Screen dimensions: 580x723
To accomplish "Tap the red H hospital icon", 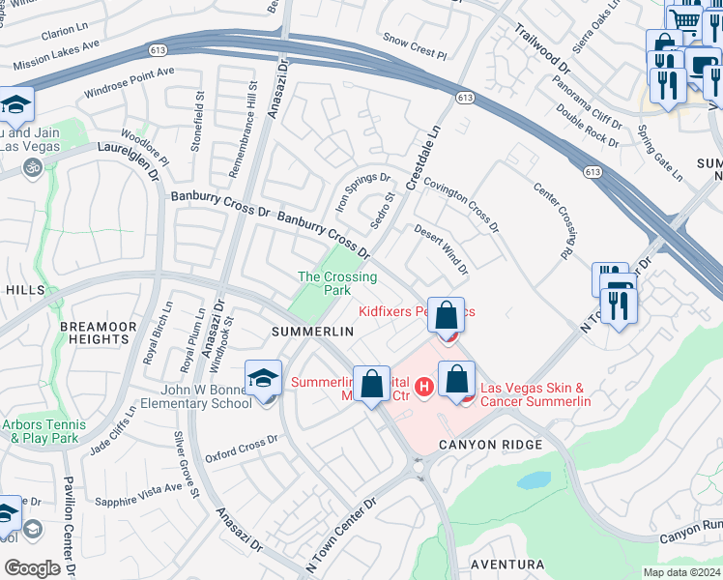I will click(x=422, y=389).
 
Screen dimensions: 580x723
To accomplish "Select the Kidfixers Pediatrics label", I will click(x=417, y=311).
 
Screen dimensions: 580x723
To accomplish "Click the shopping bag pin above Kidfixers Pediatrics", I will click(x=446, y=316).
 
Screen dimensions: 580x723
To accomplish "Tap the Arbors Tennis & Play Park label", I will click(x=43, y=431).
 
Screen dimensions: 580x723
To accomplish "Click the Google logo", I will click(x=32, y=567).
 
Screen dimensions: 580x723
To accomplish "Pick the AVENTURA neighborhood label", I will click(x=508, y=564).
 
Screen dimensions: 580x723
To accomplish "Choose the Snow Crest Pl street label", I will click(x=416, y=40).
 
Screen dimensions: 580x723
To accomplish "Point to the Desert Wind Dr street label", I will click(x=442, y=249).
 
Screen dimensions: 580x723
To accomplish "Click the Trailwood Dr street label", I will click(x=543, y=47).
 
